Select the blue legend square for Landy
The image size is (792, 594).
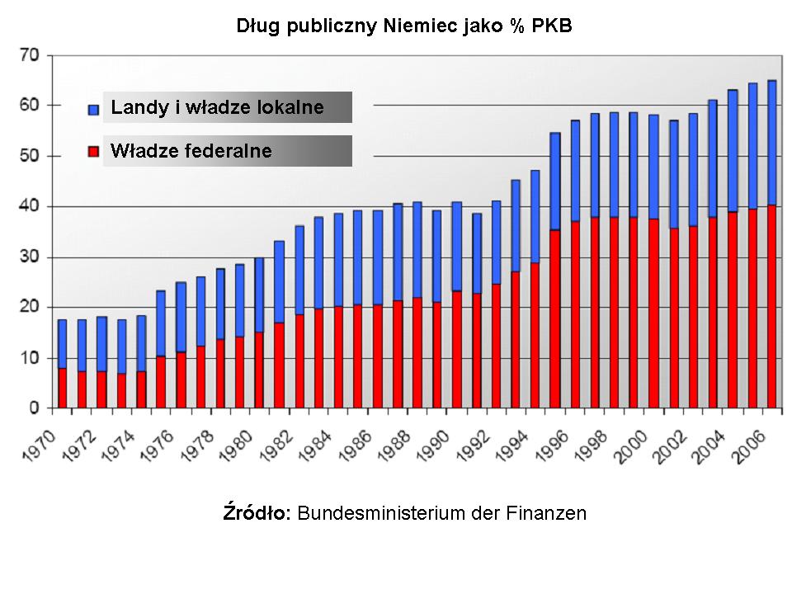(93, 108)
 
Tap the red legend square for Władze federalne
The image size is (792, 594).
(93, 151)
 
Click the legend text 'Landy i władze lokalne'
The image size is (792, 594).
(217, 107)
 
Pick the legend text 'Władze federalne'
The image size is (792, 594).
(191, 151)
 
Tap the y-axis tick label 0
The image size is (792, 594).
(34, 408)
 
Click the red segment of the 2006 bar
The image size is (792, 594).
(771, 306)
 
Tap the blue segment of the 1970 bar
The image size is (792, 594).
(62, 343)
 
